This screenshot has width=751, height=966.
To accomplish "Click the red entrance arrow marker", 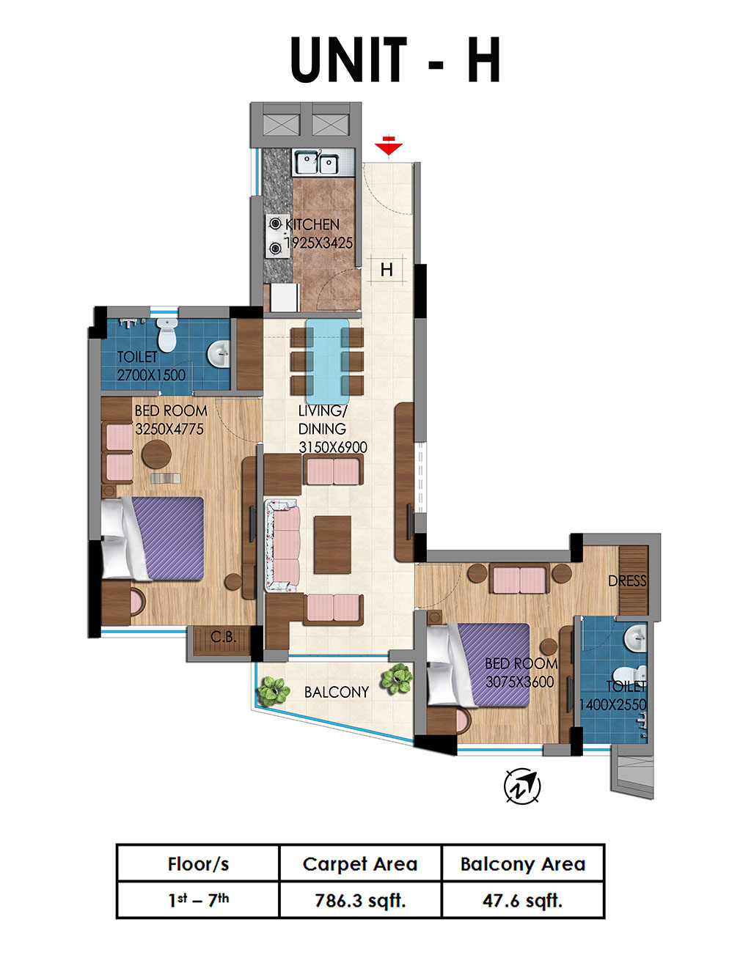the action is [388, 145].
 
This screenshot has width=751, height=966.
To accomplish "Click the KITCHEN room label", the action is [312, 224].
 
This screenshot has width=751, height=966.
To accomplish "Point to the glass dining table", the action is [327, 361].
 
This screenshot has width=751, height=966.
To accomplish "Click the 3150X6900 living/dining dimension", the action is [333, 447].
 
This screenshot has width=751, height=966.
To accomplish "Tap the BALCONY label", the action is [336, 692].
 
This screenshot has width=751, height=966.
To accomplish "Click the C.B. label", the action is [224, 637].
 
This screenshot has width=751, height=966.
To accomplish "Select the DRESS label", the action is [627, 580].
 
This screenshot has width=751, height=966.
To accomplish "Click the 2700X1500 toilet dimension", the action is [151, 375].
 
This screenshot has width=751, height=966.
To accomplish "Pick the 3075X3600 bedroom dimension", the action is [519, 682].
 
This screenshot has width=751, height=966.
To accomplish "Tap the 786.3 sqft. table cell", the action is [360, 900].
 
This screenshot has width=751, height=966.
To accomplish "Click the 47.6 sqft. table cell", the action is [522, 900].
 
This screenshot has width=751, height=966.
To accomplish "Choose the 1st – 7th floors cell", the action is [198, 900].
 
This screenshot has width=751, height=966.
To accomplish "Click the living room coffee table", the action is [332, 545].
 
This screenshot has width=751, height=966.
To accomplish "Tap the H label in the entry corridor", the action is [387, 270].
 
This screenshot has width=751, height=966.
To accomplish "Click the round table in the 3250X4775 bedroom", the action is [156, 454].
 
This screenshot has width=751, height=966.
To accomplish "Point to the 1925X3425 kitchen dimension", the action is [319, 243].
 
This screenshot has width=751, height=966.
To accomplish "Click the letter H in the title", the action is [484, 59].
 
